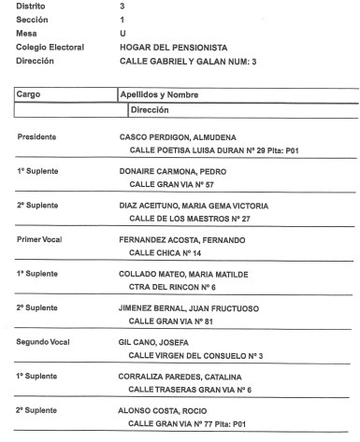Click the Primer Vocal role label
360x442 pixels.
[39, 240]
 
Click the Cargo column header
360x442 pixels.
[33, 94]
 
